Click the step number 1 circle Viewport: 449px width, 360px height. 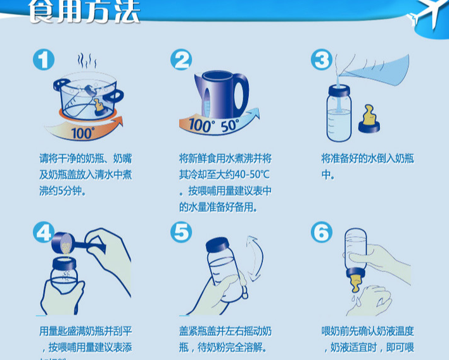[x=44, y=60]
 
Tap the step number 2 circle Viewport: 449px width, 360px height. [x=182, y=60]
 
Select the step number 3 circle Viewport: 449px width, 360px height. [x=322, y=60]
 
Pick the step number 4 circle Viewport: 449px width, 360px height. [x=44, y=233]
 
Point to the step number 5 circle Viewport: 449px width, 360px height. [x=182, y=233]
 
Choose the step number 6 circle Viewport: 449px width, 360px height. [x=322, y=233]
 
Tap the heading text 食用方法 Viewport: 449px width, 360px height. [x=84, y=13]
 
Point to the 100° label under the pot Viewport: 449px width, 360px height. [x=82, y=133]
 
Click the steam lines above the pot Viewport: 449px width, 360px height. [x=87, y=61]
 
